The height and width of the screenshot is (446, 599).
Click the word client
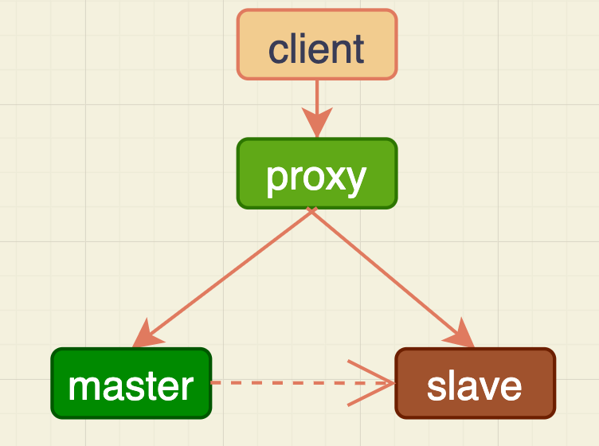316,49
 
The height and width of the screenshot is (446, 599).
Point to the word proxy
316,177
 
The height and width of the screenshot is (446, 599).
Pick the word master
131,386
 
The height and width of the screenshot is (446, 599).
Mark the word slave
475,386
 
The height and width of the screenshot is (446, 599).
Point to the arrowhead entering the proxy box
317,126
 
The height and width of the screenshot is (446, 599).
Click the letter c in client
278,50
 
